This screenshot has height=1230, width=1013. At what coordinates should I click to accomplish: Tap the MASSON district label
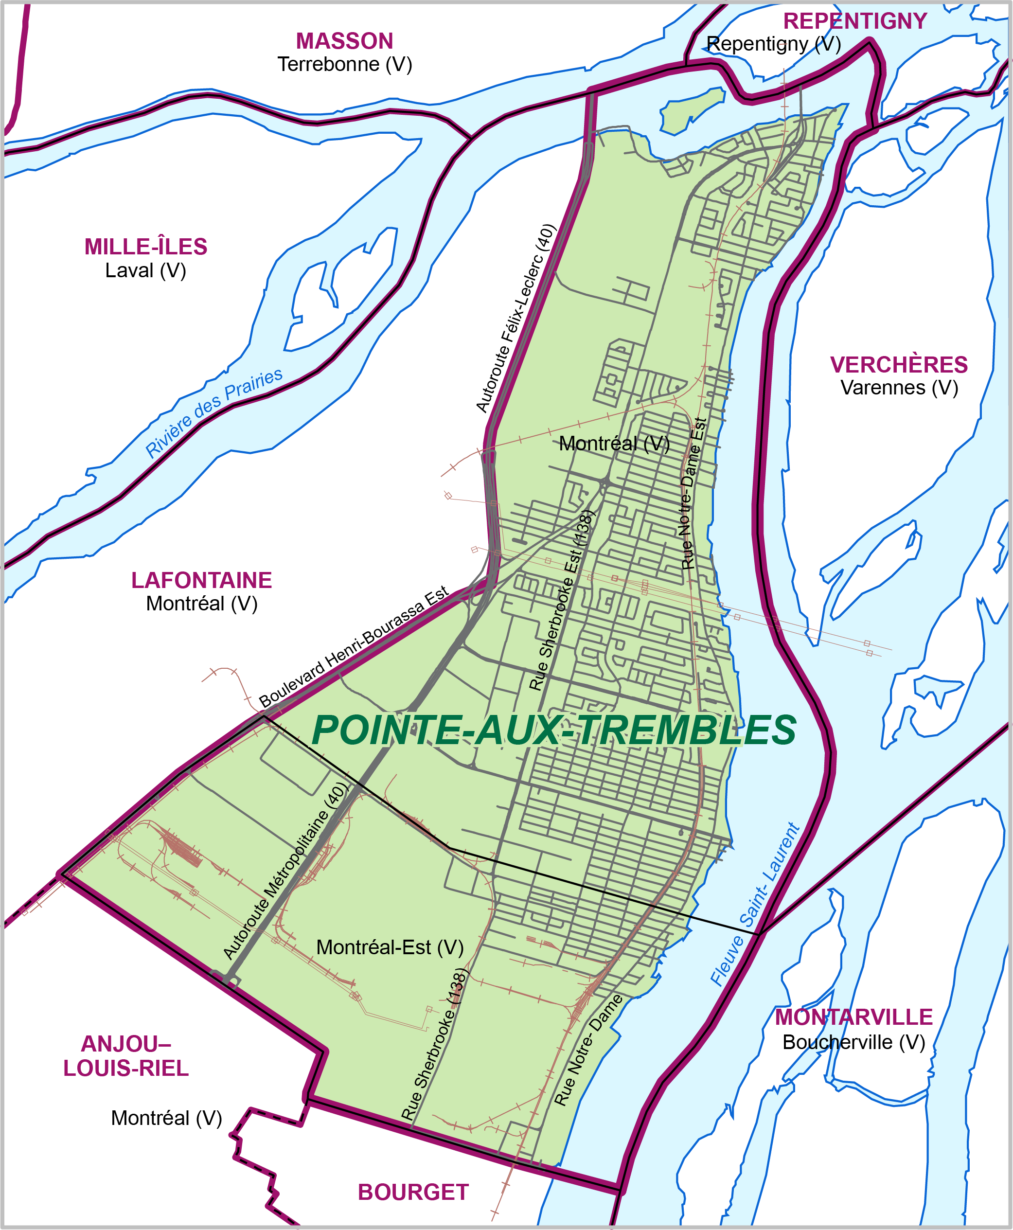[344, 41]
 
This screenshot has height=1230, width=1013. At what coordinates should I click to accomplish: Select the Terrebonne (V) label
[344, 64]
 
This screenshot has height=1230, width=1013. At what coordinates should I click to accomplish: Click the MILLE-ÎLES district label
[146, 247]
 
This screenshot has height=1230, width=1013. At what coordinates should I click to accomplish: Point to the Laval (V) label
[146, 271]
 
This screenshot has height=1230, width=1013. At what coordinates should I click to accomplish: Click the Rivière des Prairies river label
[213, 412]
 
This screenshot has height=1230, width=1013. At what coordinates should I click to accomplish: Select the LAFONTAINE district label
[201, 581]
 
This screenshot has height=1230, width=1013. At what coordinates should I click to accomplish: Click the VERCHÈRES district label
[899, 365]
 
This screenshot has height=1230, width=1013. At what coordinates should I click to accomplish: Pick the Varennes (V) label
[899, 388]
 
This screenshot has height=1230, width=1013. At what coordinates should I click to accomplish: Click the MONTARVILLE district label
[853, 1017]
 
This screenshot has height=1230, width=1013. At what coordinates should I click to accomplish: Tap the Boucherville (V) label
[853, 1042]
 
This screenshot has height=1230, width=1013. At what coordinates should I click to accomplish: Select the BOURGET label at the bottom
[413, 1192]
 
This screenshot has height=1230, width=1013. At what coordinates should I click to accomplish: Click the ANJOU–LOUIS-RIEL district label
[126, 1056]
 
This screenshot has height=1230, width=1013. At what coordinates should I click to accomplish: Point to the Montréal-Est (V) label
[390, 947]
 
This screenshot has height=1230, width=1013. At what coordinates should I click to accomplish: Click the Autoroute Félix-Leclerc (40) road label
[516, 318]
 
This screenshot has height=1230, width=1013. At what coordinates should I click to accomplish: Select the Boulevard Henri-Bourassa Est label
[354, 646]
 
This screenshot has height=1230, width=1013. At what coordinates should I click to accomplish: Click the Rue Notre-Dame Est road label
[694, 493]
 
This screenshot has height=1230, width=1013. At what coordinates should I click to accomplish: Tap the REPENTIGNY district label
[854, 21]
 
